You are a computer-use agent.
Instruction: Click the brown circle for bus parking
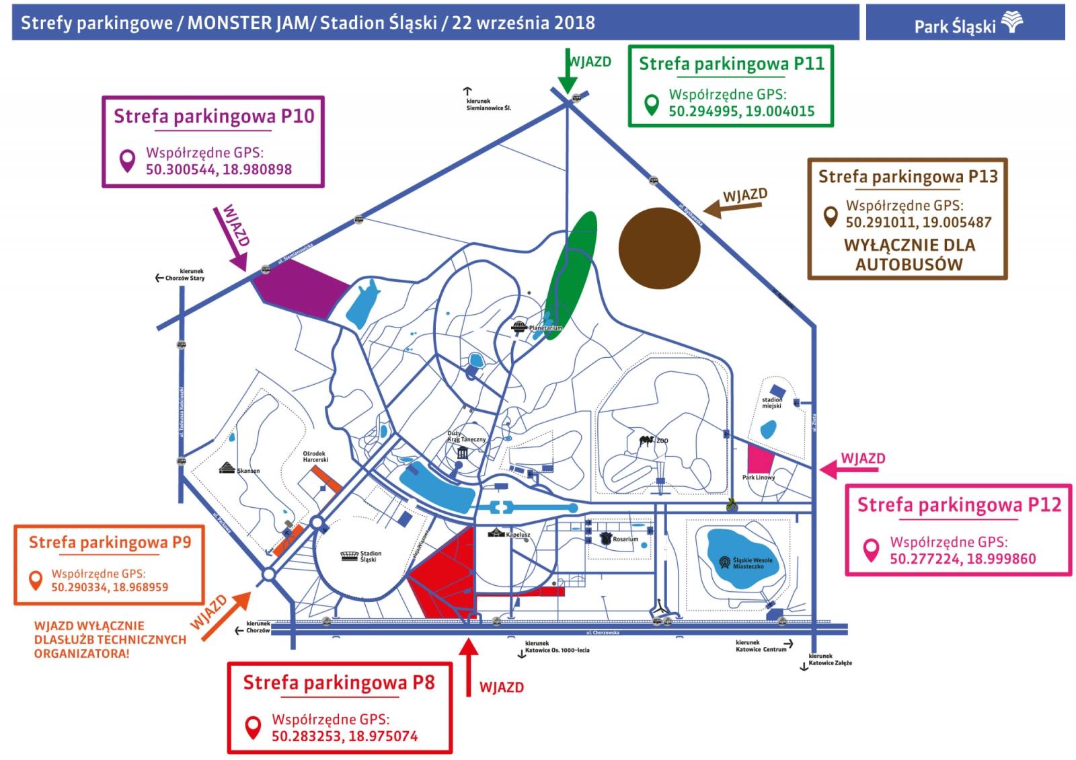[659, 248]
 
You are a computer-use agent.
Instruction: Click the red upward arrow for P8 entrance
[468, 666]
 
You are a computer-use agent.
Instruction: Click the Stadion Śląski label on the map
[370, 556]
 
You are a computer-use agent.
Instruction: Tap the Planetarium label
[545, 328]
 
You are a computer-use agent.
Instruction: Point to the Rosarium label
[625, 539]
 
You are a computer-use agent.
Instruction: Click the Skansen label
[248, 471]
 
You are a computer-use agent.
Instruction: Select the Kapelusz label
[518, 535]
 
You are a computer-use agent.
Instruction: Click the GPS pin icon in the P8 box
[253, 727]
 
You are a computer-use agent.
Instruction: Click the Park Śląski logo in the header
[968, 24]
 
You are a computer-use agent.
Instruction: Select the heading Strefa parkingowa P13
[907, 177]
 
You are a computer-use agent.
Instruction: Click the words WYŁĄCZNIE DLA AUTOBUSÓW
[909, 255]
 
